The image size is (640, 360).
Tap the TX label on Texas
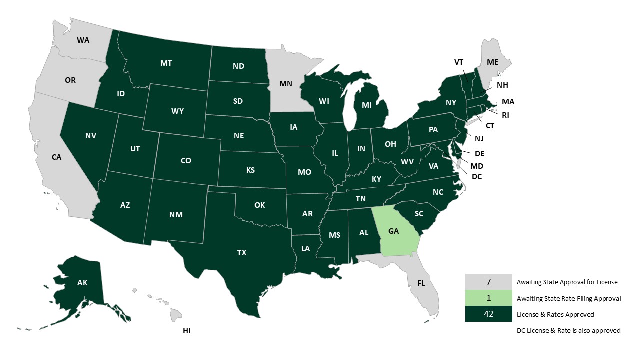tap(242, 253)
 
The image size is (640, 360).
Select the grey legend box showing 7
tap(488, 282)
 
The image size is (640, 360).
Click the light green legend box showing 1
tap(488, 298)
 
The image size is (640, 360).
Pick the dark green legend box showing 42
tap(488, 314)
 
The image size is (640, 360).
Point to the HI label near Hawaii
tap(187, 331)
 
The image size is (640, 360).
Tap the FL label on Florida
tap(421, 283)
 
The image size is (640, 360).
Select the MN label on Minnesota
tap(286, 84)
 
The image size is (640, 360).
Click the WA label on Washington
tap(83, 40)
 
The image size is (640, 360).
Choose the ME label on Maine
tap(493, 62)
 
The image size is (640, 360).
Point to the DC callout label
tap(476, 176)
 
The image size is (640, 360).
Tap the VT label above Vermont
tap(459, 62)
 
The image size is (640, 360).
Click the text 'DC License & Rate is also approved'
tap(568, 330)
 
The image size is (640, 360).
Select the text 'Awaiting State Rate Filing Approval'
tap(569, 298)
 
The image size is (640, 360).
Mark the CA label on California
tap(56, 157)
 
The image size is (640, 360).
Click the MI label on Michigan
tap(366, 105)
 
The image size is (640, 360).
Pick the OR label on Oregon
tap(70, 80)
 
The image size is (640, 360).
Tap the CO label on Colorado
tap(186, 161)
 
